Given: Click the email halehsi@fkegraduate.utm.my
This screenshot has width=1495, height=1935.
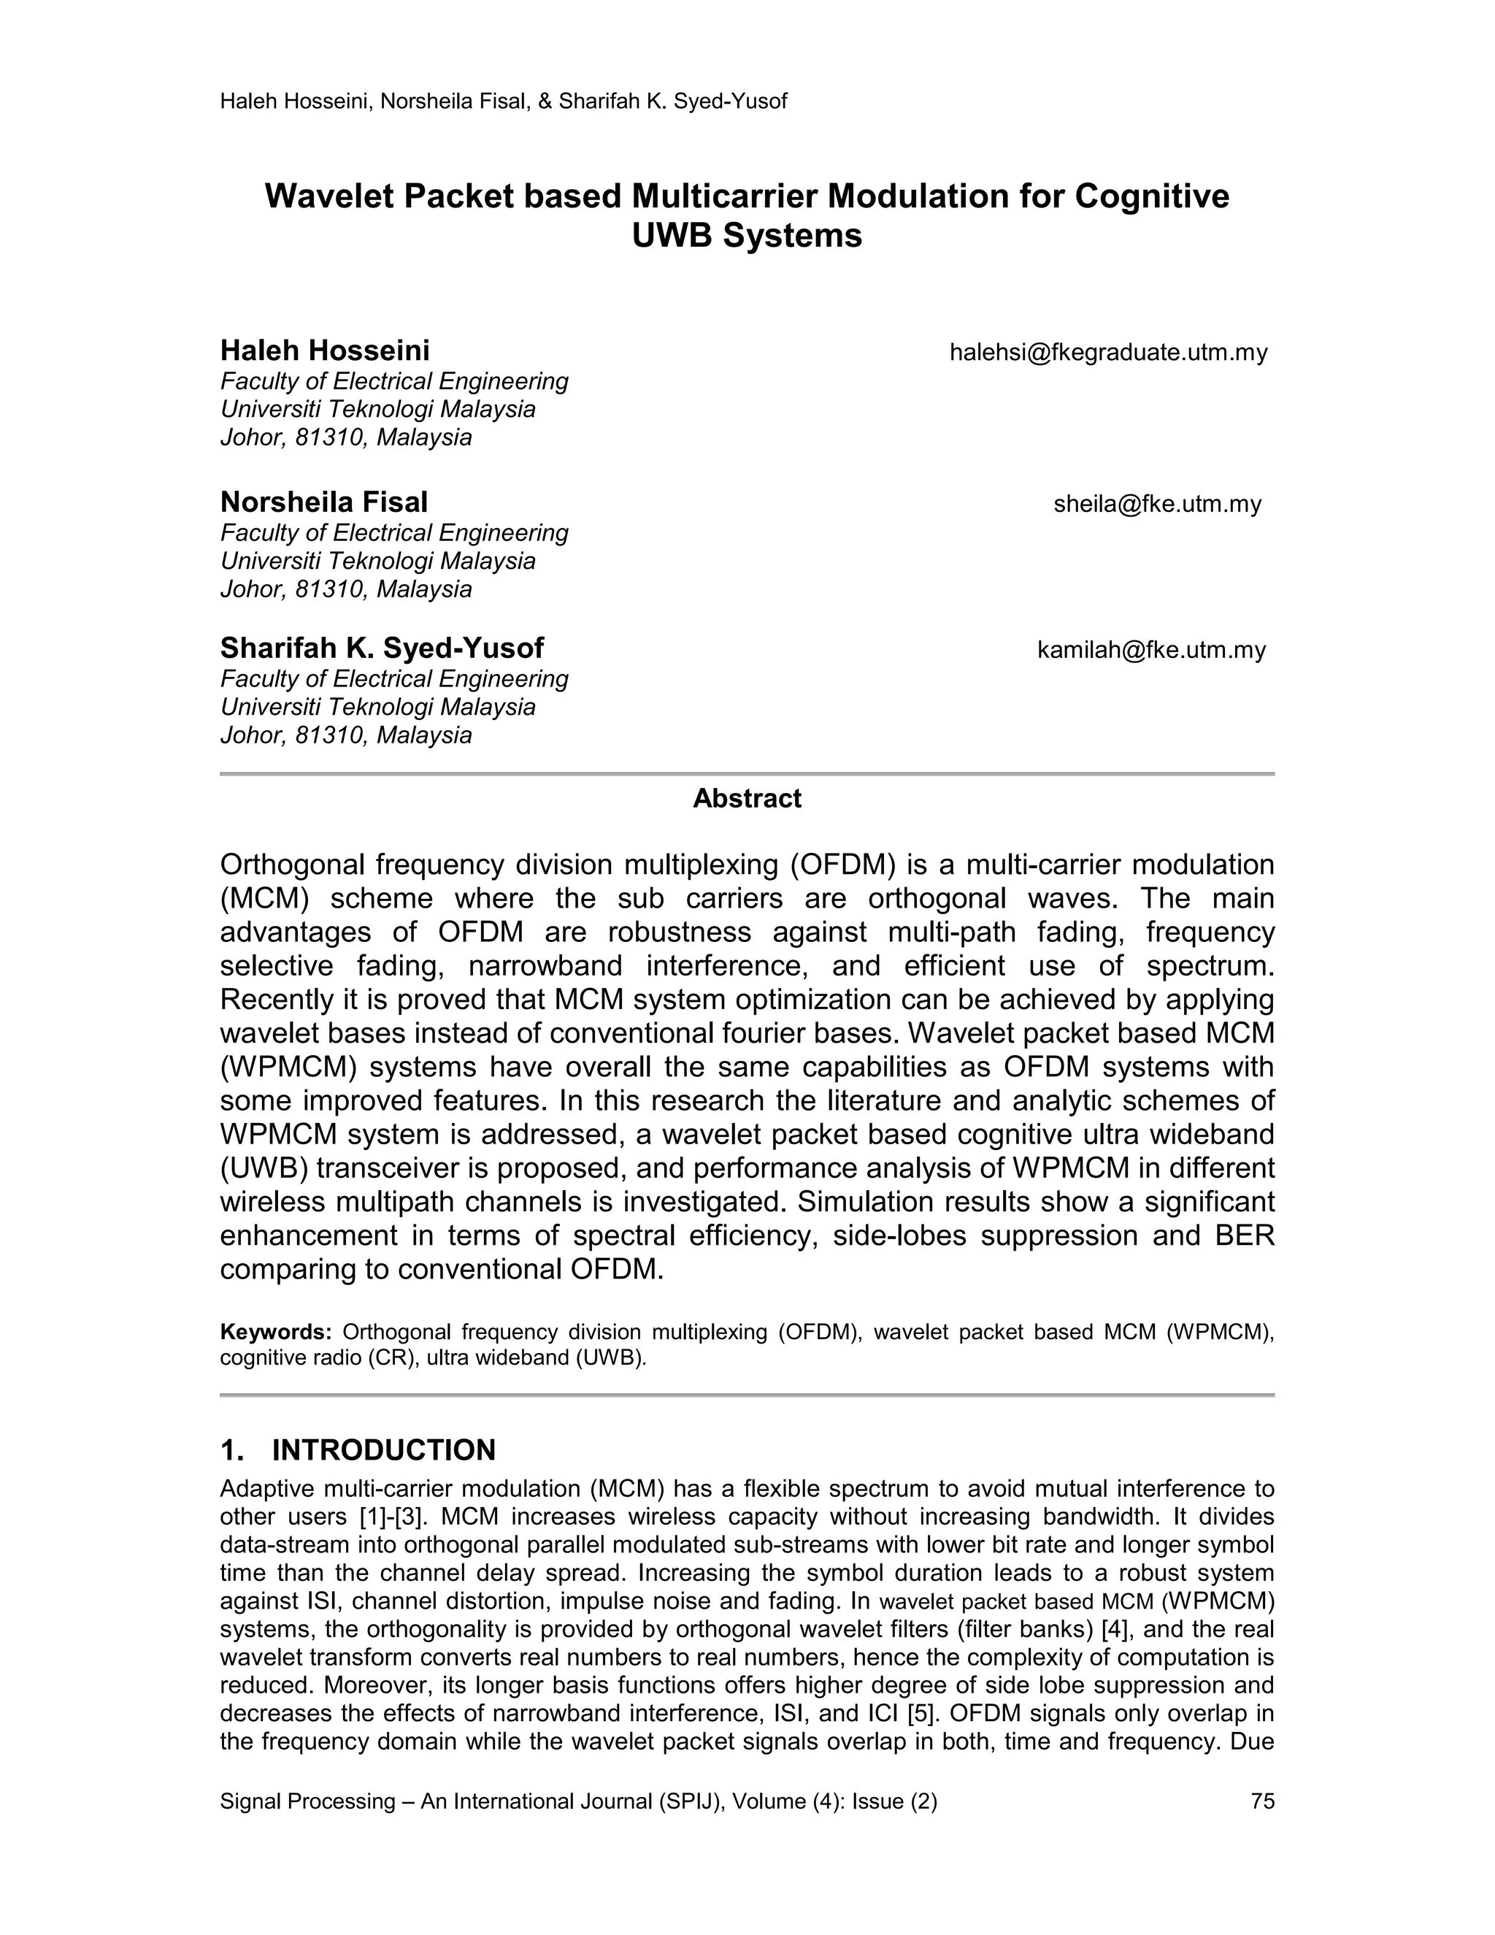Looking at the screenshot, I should coord(1108,353).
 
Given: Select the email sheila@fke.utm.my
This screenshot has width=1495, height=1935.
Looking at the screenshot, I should coord(1157,504).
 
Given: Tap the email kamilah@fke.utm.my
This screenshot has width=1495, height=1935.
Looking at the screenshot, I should coord(1150,651).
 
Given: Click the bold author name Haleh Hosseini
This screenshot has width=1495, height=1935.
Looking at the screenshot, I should coord(324,350).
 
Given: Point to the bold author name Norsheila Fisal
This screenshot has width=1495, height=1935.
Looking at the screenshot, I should coord(323,502).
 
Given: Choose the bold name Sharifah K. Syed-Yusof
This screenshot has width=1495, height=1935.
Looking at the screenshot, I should coord(382,648).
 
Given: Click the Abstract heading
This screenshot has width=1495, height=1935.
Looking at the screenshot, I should coord(747,798).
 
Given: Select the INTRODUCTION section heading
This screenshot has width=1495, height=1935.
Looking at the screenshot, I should coord(383,1450).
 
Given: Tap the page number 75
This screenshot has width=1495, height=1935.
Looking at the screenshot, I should coord(1262,1801).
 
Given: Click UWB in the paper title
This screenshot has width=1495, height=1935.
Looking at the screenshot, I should coord(670,237).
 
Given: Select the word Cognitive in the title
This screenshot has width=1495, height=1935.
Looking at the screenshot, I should coord(1151,196).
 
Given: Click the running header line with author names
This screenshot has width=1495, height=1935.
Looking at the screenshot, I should coord(503,102).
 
